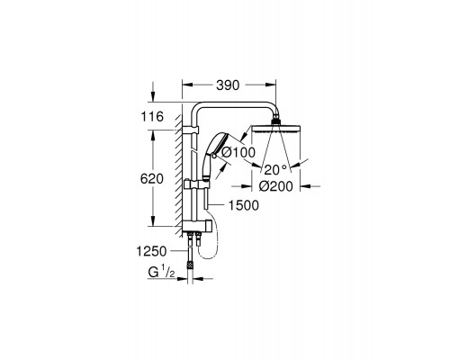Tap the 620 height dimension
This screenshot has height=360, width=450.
[x=152, y=179]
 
